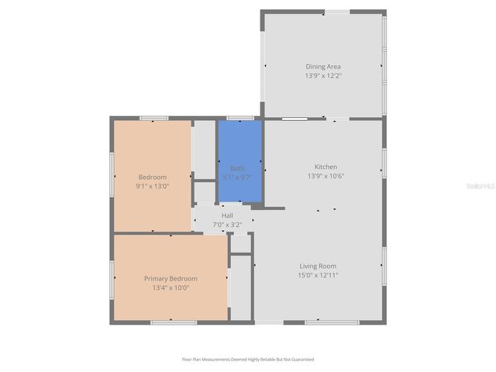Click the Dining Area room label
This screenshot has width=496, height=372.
pyautogui.click(x=322, y=67)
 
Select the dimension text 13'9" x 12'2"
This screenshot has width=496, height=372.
pyautogui.click(x=322, y=76)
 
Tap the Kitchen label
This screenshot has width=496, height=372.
pyautogui.click(x=325, y=167)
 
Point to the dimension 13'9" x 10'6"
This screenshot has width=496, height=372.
pyautogui.click(x=325, y=176)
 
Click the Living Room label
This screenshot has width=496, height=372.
pyautogui.click(x=318, y=266)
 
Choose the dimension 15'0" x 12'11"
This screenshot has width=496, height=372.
pyautogui.click(x=318, y=275)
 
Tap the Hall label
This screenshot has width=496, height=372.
pyautogui.click(x=227, y=215)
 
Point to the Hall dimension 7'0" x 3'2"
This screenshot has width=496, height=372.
pyautogui.click(x=227, y=225)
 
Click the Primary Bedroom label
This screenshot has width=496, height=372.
pyautogui.click(x=170, y=278)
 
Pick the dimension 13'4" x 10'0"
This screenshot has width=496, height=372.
pyautogui.click(x=170, y=288)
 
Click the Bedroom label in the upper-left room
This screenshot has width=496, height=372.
pyautogui.click(x=153, y=177)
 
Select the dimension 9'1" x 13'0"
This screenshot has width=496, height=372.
pyautogui.click(x=153, y=186)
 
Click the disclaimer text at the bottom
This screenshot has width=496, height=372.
pyautogui.click(x=248, y=360)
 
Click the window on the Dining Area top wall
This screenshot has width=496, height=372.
pyautogui.click(x=336, y=12)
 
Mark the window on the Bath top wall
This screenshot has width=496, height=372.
pyautogui.click(x=239, y=118)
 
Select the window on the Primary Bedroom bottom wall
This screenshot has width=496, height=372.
pyautogui.click(x=173, y=322)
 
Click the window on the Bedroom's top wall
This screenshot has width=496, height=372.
pyautogui.click(x=153, y=118)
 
